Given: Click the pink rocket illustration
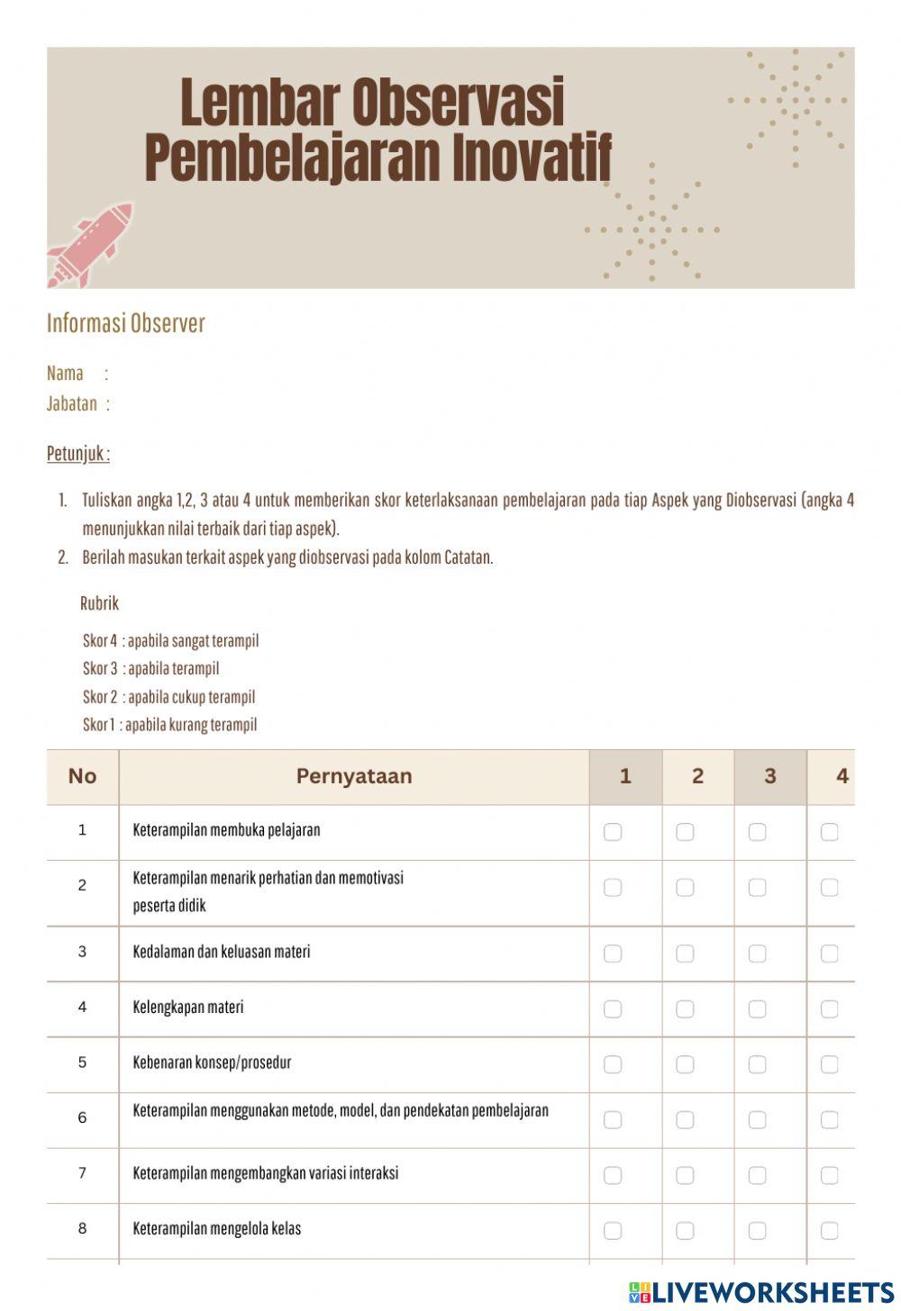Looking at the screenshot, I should click(x=90, y=244).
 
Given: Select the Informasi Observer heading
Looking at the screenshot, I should click(x=126, y=323).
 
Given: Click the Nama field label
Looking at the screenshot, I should click(x=65, y=373).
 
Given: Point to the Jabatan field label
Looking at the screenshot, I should click(x=72, y=403).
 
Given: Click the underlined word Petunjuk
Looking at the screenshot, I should click(x=78, y=454).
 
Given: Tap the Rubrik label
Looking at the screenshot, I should click(x=99, y=602).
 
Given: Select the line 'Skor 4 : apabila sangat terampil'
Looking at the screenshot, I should click(x=170, y=641).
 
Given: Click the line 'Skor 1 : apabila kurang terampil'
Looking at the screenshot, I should click(x=169, y=725).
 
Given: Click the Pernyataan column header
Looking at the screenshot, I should click(x=353, y=776).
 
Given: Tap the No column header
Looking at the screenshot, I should click(x=82, y=776).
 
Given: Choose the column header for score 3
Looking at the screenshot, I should click(x=769, y=776).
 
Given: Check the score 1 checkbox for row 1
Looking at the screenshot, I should click(x=613, y=832).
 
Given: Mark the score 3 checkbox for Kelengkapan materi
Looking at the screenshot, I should click(x=758, y=1009).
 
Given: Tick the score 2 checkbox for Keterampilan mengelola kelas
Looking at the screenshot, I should click(x=685, y=1231).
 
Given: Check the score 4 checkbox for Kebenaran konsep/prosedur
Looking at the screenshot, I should click(x=830, y=1064).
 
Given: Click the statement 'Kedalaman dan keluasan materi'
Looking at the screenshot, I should click(x=222, y=952).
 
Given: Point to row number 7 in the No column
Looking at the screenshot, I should click(x=82, y=1173).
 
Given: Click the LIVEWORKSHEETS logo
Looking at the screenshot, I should click(x=761, y=1292).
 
